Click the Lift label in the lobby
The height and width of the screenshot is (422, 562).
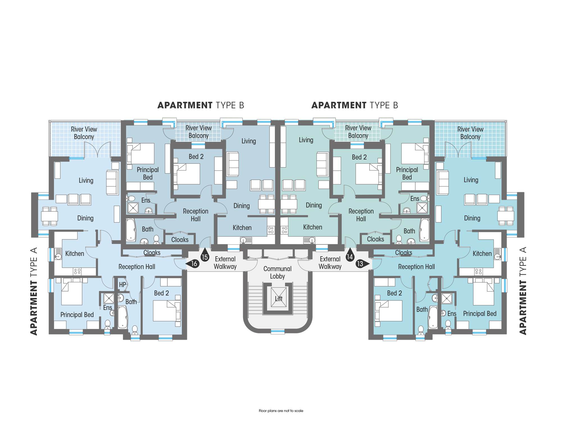[x=279, y=298]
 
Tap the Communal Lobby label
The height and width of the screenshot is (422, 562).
[x=277, y=272]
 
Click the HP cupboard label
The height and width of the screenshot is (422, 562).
[x=122, y=285]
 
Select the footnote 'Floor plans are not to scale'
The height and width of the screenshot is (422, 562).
[x=281, y=411]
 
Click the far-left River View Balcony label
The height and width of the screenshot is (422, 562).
[x=84, y=133]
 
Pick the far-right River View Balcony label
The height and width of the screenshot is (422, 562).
[x=470, y=133]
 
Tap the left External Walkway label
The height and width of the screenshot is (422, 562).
[x=225, y=263]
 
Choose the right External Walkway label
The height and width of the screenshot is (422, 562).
[x=330, y=263]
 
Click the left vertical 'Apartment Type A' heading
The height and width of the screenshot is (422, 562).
[x=34, y=291]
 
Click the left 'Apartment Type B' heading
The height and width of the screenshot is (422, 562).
[x=201, y=105]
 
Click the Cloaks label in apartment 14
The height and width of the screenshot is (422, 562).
[x=375, y=239]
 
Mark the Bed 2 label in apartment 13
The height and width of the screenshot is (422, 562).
[x=394, y=293]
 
